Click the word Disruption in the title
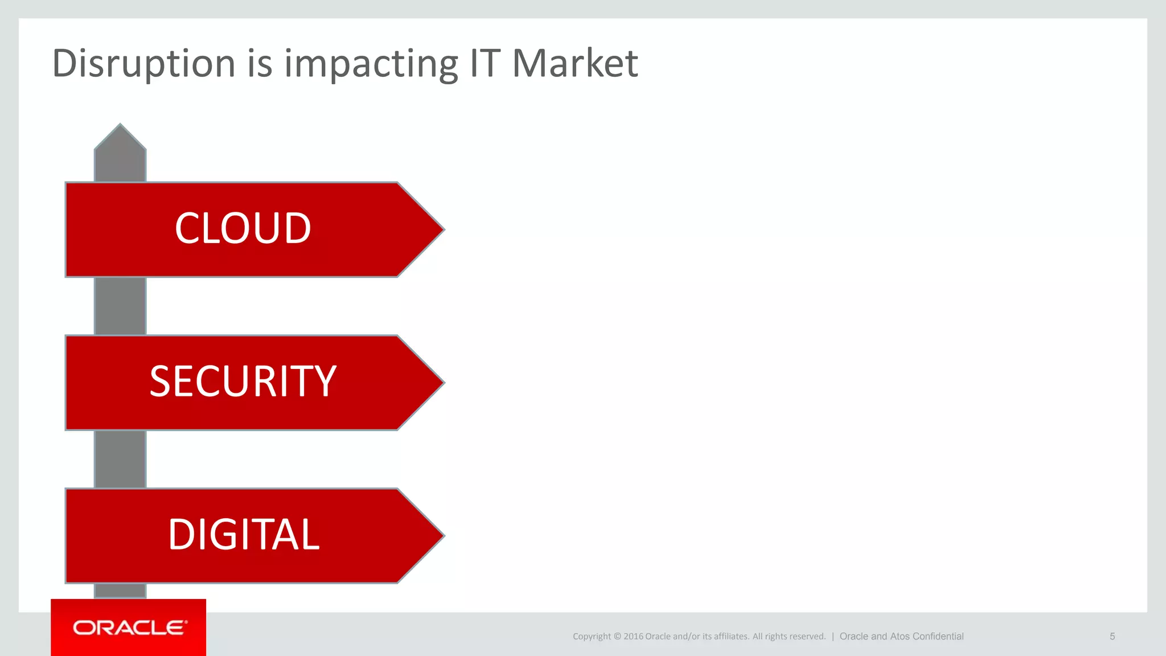point(143,63)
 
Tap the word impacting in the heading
point(371,63)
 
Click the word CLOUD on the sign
point(243,228)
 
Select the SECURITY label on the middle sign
point(243,382)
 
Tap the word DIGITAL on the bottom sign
point(244,535)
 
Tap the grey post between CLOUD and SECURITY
point(120,306)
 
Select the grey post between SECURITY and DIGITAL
point(120,459)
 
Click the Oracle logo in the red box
point(129,628)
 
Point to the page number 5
point(1112,636)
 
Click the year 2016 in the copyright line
point(633,637)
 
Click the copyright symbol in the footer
point(617,637)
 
